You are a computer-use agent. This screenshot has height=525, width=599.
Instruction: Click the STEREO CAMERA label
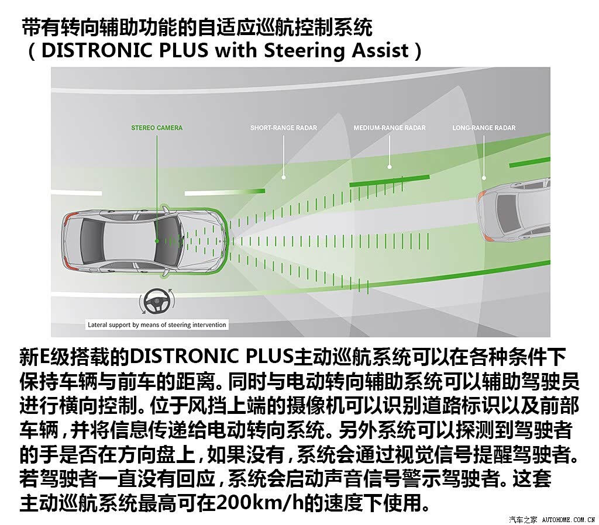point(157,127)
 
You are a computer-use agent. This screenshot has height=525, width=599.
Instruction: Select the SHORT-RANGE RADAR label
point(284,127)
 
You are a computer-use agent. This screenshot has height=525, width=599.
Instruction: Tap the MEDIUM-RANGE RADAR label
point(389,127)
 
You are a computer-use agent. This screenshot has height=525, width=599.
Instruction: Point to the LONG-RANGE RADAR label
point(484,127)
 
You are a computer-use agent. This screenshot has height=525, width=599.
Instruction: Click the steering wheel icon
point(157,302)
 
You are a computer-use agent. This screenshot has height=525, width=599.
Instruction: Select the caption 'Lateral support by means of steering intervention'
point(157,325)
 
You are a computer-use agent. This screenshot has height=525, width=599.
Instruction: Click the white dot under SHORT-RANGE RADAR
point(284,177)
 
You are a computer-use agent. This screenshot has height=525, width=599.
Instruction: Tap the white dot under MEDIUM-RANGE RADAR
point(389,167)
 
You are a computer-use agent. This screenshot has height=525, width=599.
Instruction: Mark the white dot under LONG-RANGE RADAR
point(484,178)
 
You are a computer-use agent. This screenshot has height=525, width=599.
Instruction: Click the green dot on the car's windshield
point(157,241)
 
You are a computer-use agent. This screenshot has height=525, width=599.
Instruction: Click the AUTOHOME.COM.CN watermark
point(569,519)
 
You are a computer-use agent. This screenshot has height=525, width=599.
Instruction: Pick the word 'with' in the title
point(236,50)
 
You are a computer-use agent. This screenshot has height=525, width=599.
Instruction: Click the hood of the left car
point(202,241)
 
